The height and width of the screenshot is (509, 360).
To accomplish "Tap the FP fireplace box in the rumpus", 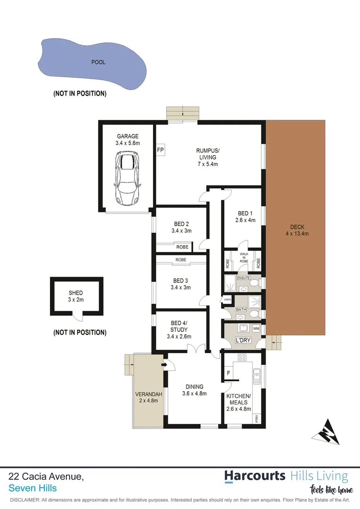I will click(x=160, y=150).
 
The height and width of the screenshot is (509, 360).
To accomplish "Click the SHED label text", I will click(x=76, y=293).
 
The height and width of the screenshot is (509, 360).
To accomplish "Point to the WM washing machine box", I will click(x=256, y=328).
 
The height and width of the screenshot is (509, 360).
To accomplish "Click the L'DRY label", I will click(x=243, y=340).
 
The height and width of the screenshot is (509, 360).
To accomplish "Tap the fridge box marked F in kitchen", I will click(x=229, y=373).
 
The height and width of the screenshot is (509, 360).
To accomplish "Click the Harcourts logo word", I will click(x=255, y=476).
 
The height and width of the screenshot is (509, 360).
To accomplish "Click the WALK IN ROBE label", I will click(x=244, y=256).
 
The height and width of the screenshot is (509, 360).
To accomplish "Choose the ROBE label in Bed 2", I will click(x=182, y=247).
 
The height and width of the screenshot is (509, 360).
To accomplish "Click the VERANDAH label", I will click(x=149, y=394).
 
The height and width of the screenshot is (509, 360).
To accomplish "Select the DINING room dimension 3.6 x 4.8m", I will click(x=195, y=394).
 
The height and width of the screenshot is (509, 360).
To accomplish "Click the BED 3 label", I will click(x=181, y=280).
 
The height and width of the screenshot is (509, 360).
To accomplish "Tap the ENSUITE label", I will click(x=244, y=278).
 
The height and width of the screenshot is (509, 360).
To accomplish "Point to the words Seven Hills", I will click(x=33, y=488).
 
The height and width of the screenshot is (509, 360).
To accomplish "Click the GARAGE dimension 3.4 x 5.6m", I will click(x=128, y=143).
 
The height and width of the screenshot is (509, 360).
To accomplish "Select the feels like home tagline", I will click(x=331, y=490).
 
